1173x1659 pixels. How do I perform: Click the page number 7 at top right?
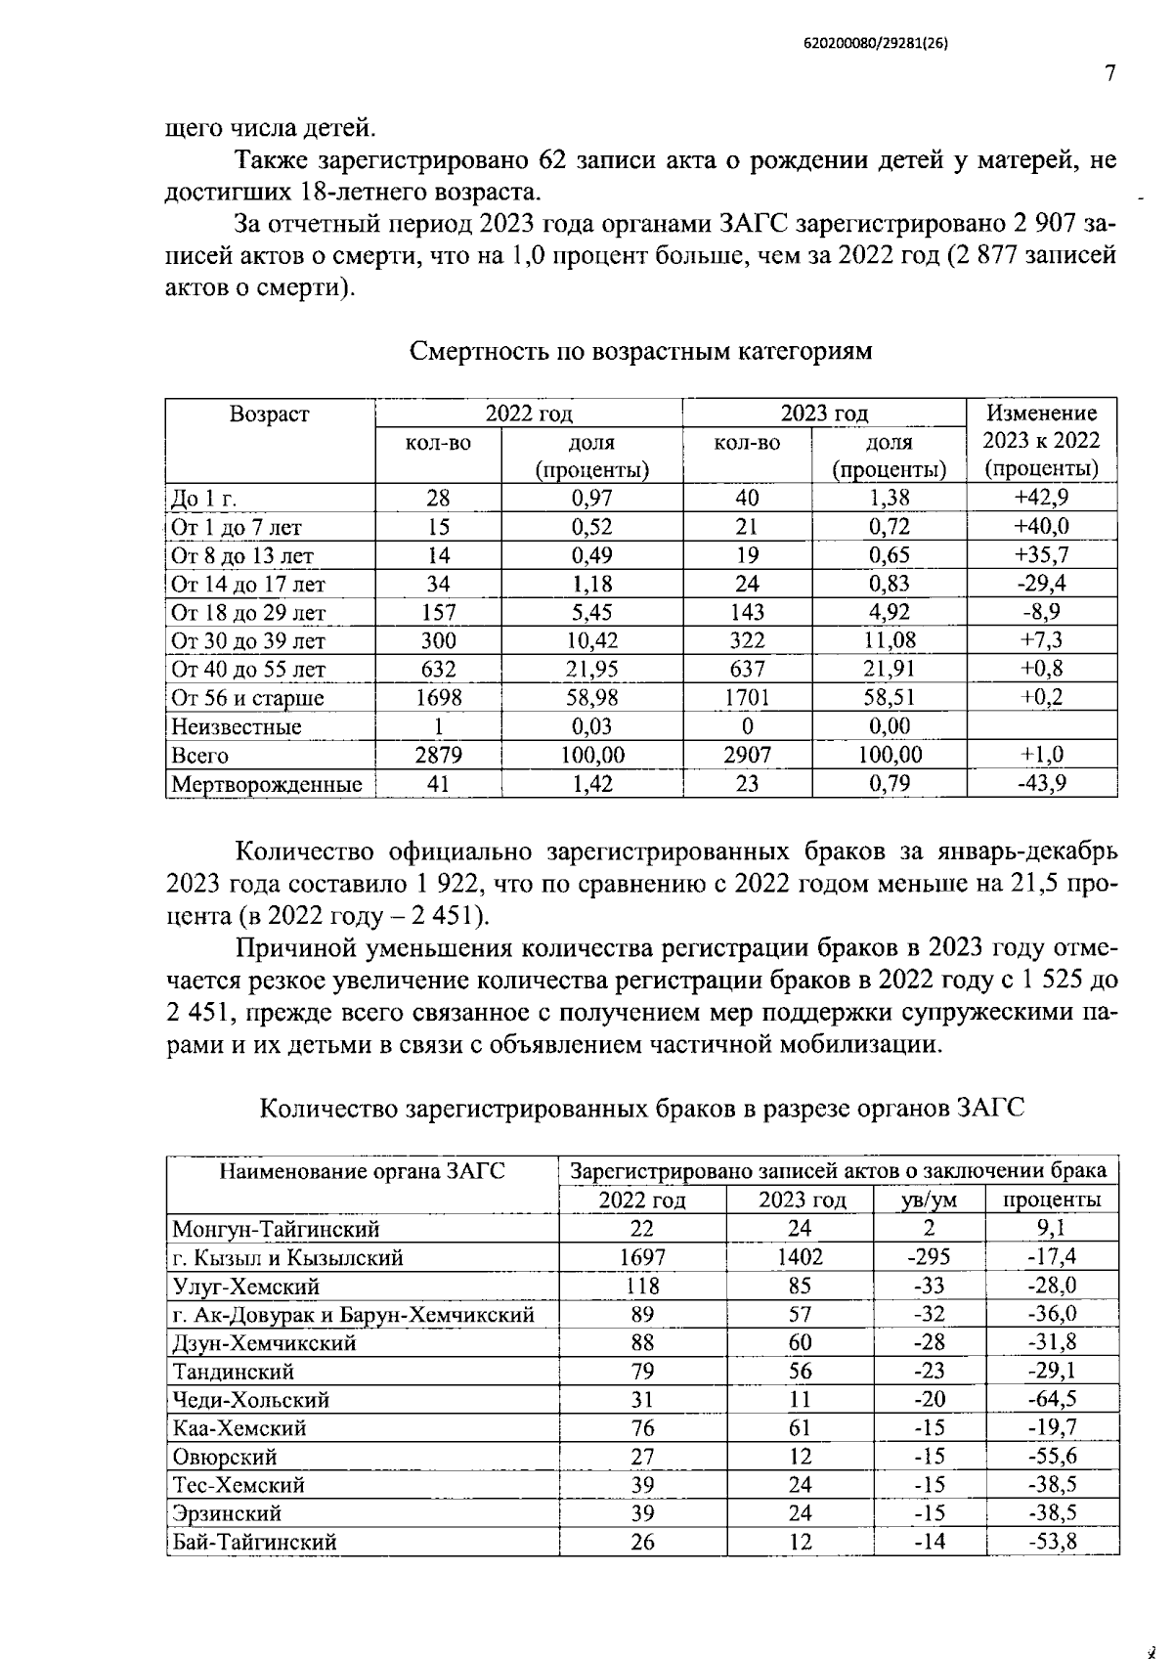click(x=1108, y=75)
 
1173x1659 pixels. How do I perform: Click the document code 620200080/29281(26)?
click(x=876, y=44)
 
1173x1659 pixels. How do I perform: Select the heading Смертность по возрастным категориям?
click(x=640, y=351)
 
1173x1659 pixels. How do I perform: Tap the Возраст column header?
click(x=269, y=415)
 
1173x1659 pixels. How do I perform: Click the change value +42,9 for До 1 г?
click(x=1041, y=497)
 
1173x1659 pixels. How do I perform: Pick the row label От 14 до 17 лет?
click(x=248, y=585)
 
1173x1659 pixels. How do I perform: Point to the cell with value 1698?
click(x=438, y=698)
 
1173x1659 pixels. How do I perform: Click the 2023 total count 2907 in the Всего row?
click(x=747, y=756)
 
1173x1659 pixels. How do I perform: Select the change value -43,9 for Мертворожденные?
click(x=1041, y=784)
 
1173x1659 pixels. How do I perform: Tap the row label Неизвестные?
click(x=237, y=727)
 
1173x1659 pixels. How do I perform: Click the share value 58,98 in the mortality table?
click(x=591, y=698)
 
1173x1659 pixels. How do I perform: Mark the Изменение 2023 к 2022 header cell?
click(x=1041, y=441)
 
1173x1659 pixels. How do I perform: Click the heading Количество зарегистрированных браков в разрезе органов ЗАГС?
click(x=642, y=1109)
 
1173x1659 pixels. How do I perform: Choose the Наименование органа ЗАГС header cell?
click(x=363, y=1170)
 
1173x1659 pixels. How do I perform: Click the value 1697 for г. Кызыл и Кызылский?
click(x=642, y=1257)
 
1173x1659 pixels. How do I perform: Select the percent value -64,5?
click(x=1052, y=1400)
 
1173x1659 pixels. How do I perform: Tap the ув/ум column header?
click(x=929, y=1201)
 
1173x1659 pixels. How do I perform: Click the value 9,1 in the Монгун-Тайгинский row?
click(x=1052, y=1229)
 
